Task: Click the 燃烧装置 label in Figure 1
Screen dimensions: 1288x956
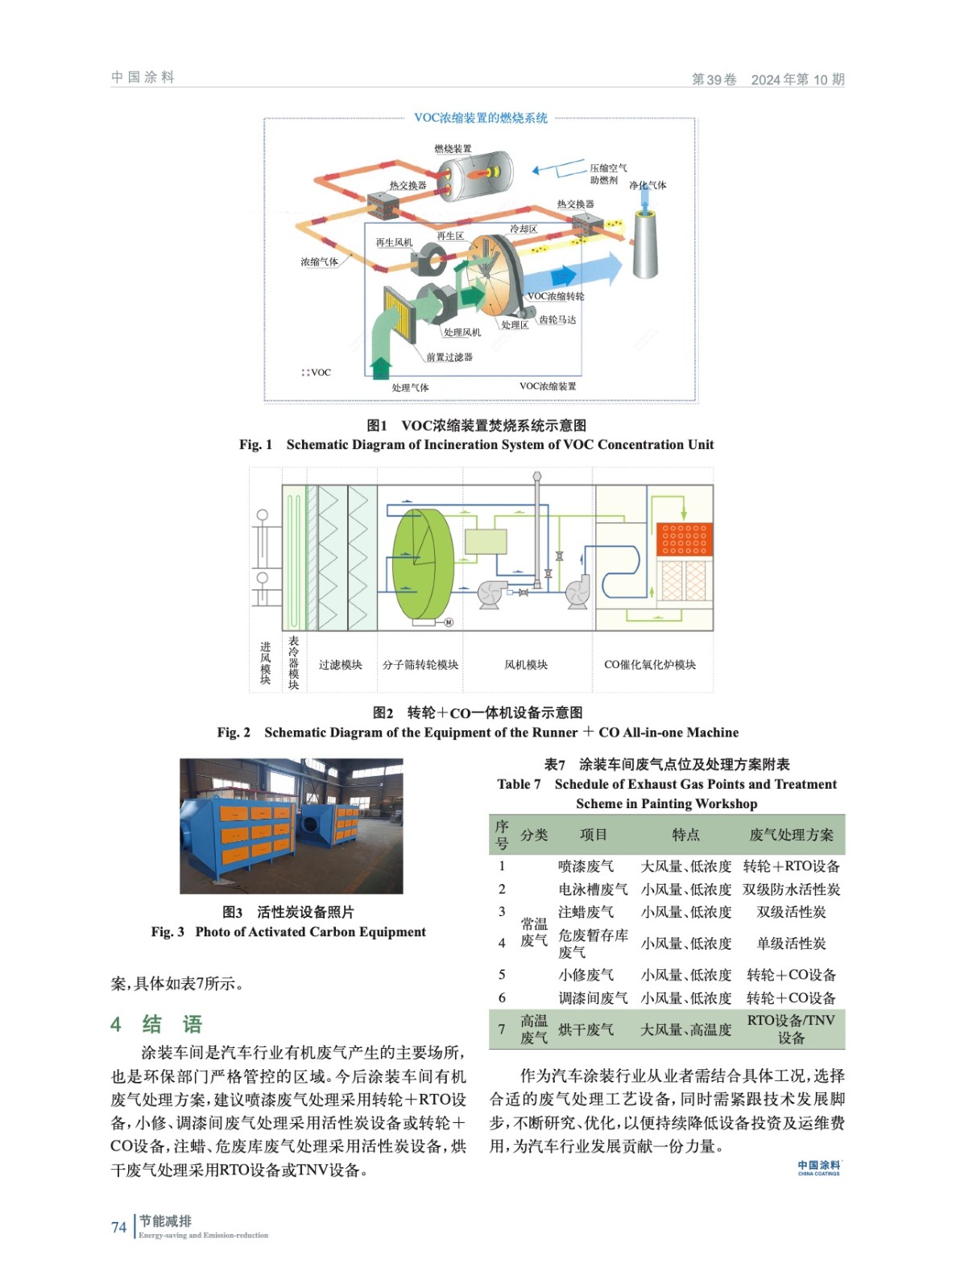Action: (453, 149)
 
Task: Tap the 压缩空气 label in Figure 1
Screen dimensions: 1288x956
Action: (607, 168)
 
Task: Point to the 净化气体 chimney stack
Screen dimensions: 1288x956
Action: (645, 242)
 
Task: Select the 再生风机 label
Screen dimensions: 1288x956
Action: (394, 242)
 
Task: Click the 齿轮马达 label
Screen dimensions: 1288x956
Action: (557, 320)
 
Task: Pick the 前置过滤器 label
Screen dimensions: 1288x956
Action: (449, 357)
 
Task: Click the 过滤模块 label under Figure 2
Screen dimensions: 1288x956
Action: (340, 665)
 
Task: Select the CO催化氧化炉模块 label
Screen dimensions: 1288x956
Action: (650, 665)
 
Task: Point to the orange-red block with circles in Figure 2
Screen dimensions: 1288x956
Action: (684, 539)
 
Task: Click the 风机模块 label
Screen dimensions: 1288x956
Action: (526, 665)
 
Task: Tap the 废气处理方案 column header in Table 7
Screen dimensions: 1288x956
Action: (791, 835)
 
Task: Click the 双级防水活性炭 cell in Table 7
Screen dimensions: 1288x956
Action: (791, 890)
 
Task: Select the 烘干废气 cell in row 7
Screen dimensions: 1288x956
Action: (586, 1030)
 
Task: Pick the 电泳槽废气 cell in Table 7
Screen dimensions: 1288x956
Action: (593, 890)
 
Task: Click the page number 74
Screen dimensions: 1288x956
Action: (118, 1227)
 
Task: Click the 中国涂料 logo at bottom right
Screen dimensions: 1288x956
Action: (818, 1167)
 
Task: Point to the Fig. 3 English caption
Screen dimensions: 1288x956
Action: (288, 932)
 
